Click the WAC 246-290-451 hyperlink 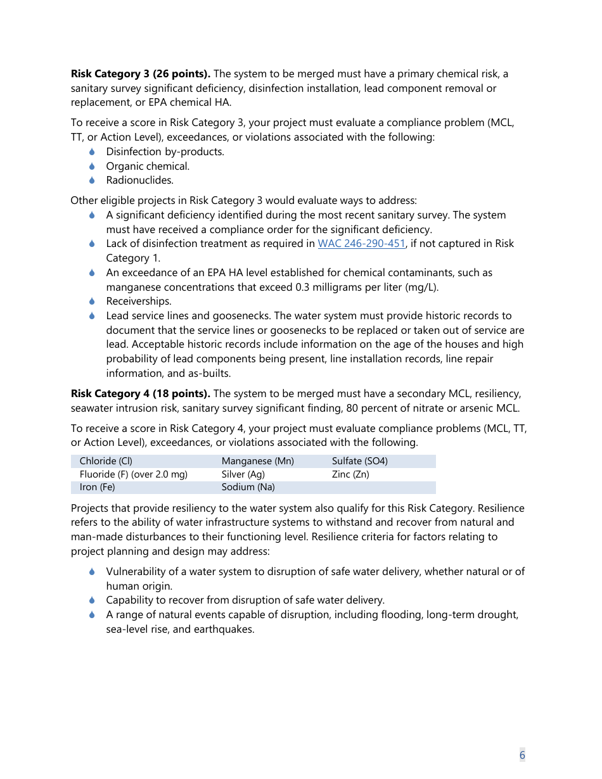[361, 244]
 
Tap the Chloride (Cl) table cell [106, 461]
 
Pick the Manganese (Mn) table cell [257, 461]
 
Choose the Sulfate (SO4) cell [359, 461]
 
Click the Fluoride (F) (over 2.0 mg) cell [133, 474]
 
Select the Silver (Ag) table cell [243, 474]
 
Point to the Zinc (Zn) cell [350, 474]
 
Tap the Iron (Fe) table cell [97, 487]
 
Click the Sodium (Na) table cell [248, 487]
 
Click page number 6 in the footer [522, 754]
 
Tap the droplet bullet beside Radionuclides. [92, 180]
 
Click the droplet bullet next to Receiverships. [92, 301]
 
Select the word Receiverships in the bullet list [138, 301]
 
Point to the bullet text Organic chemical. [148, 167]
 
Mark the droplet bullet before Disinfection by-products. [92, 152]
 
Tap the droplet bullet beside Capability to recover [92, 600]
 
